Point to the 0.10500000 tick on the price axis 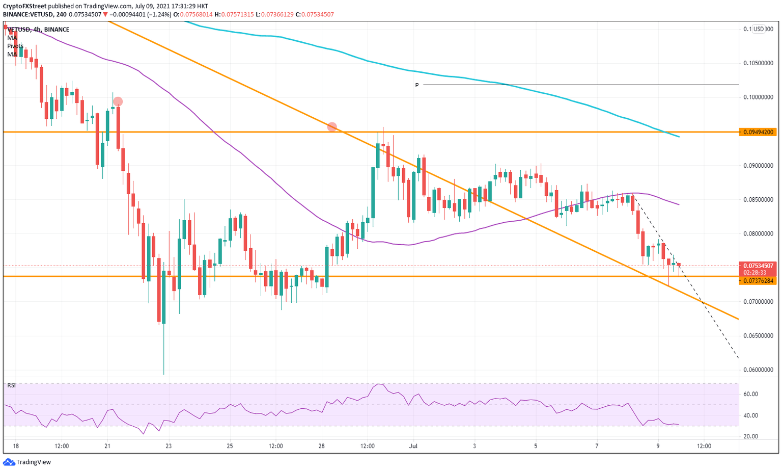point(758,63)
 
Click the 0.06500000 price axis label point(758,336)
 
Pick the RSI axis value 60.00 point(750,394)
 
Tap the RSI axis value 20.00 point(750,436)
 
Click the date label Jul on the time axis point(413,446)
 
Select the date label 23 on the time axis point(169,446)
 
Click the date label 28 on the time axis point(321,446)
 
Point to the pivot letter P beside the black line point(417,85)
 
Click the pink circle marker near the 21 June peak point(118,101)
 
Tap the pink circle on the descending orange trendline point(332,126)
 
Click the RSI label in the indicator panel point(11,385)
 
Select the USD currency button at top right point(759,29)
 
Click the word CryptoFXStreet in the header point(24,6)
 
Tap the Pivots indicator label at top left point(15,46)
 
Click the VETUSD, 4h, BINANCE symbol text point(38,30)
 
